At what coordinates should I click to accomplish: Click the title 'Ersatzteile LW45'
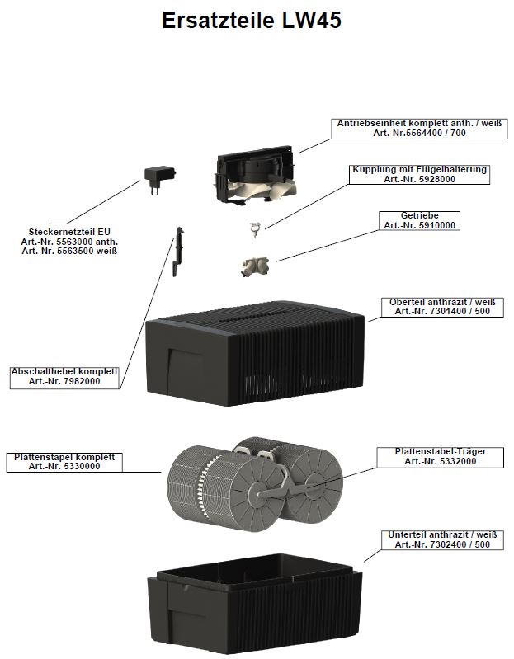click(252, 21)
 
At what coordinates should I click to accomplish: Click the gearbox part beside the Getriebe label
click(255, 267)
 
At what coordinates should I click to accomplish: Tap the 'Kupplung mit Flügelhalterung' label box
click(419, 174)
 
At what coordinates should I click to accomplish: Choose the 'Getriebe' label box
click(419, 220)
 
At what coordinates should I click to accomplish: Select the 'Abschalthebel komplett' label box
click(64, 377)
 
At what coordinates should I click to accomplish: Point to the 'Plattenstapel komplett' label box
click(64, 462)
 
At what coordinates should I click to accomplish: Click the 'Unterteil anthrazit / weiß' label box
click(442, 540)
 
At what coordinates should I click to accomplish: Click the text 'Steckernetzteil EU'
click(69, 232)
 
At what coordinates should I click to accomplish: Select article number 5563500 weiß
click(69, 250)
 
